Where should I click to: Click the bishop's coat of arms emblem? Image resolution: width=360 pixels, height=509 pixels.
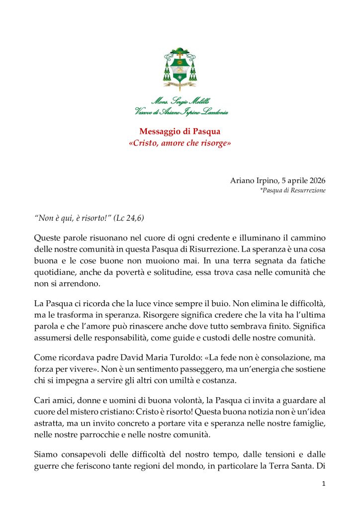coord(180,70)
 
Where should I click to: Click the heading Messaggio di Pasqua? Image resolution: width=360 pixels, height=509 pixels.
coord(180,132)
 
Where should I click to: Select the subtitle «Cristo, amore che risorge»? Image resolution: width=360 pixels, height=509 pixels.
coord(180,143)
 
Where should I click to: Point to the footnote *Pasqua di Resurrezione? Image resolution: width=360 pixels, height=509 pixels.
coord(293,190)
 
